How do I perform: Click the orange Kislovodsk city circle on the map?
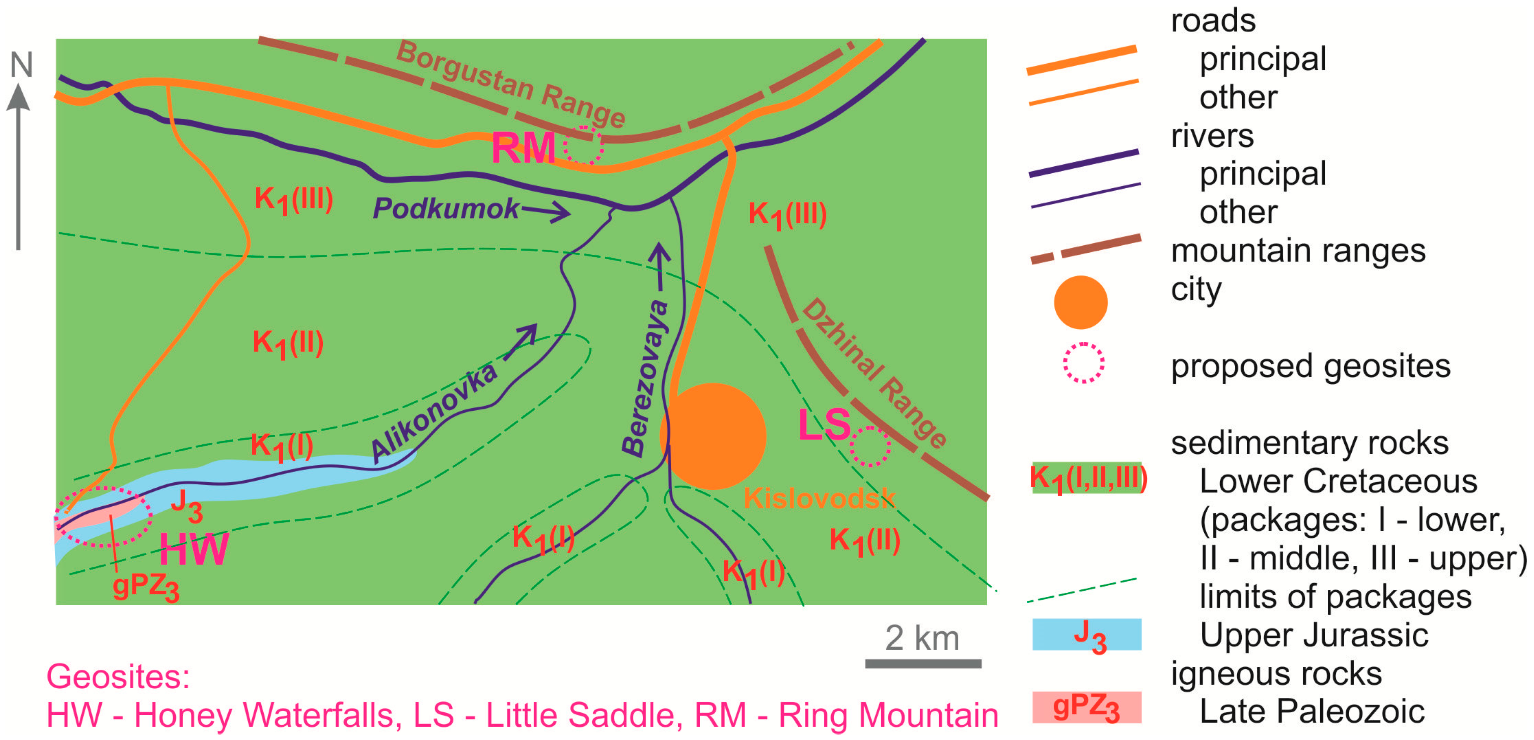coord(713,436)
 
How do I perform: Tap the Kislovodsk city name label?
coord(819,498)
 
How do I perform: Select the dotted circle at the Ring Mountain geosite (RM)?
coord(584,145)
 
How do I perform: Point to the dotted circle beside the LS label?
coord(870,446)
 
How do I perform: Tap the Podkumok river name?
coord(446,208)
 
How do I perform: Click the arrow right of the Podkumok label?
coord(546,211)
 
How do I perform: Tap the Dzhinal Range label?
coord(874,373)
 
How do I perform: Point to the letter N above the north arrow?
coord(21,65)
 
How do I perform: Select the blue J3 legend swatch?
coord(1086,635)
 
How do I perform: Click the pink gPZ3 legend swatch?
coord(1086,707)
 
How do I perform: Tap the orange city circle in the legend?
coord(1080,302)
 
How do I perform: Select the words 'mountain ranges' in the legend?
coord(1298,251)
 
